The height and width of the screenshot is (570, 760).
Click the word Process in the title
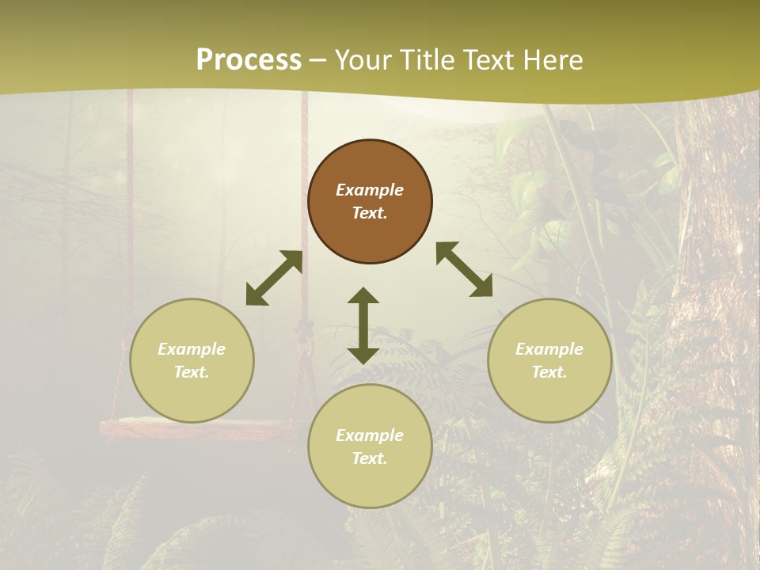coord(249,60)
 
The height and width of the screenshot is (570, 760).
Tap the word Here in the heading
coord(551,60)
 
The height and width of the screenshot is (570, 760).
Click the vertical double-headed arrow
coord(363,325)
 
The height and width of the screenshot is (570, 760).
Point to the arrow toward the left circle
coord(274,278)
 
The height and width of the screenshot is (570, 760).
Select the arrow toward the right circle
coord(464,270)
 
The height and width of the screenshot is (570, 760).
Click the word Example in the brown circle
coord(370,190)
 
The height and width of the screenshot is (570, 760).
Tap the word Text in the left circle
coord(191,372)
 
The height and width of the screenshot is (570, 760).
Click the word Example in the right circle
coord(549,349)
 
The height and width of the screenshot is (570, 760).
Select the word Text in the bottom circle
coord(369,458)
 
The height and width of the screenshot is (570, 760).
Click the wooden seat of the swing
coord(198,429)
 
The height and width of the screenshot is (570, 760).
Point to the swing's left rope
coord(127,237)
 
